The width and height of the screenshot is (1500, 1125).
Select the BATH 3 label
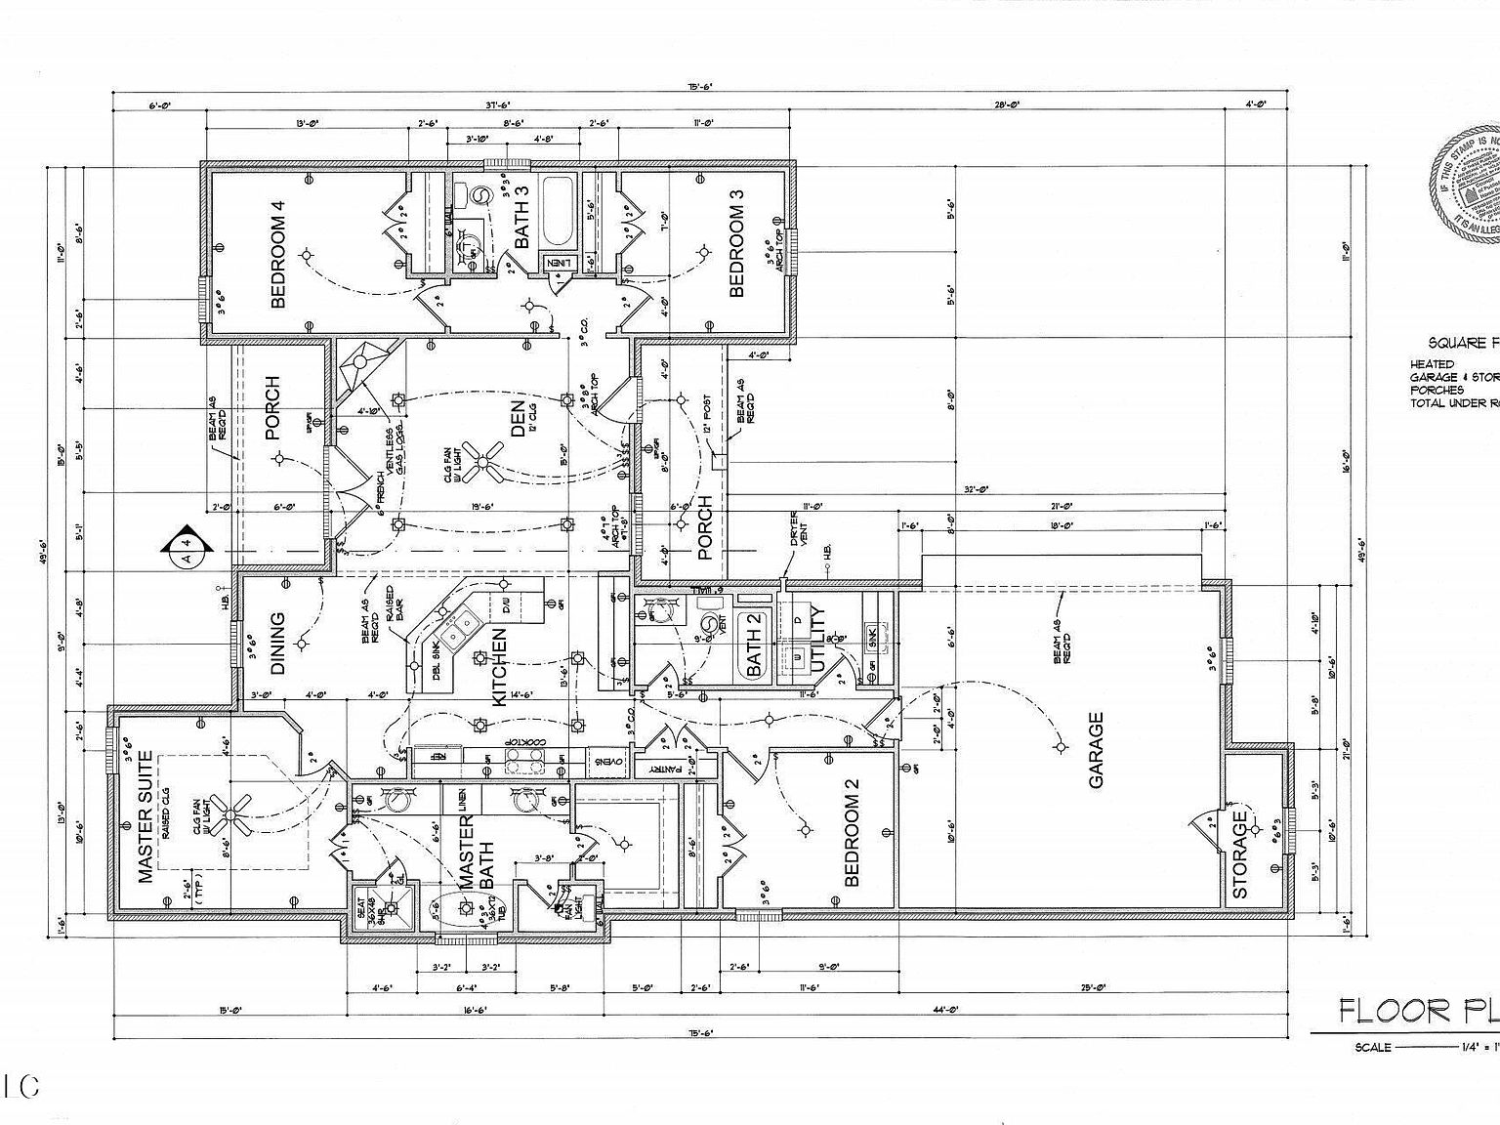[x=521, y=218]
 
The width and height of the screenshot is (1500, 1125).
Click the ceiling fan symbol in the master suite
[x=232, y=813]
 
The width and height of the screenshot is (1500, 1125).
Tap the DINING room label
[x=277, y=644]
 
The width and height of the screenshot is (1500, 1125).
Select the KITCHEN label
[x=499, y=666]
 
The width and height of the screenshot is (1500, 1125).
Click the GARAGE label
[x=1096, y=750]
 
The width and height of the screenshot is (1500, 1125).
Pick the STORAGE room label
[x=1240, y=854]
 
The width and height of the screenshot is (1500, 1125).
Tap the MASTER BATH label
[x=477, y=853]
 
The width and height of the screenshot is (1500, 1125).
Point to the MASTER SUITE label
[x=146, y=816]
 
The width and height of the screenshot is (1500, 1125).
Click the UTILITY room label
[x=818, y=639]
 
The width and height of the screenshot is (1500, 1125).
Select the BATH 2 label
[x=754, y=645]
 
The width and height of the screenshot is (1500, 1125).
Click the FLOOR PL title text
[x=1416, y=1010]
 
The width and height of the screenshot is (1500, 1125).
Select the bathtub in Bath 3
[x=560, y=210]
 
